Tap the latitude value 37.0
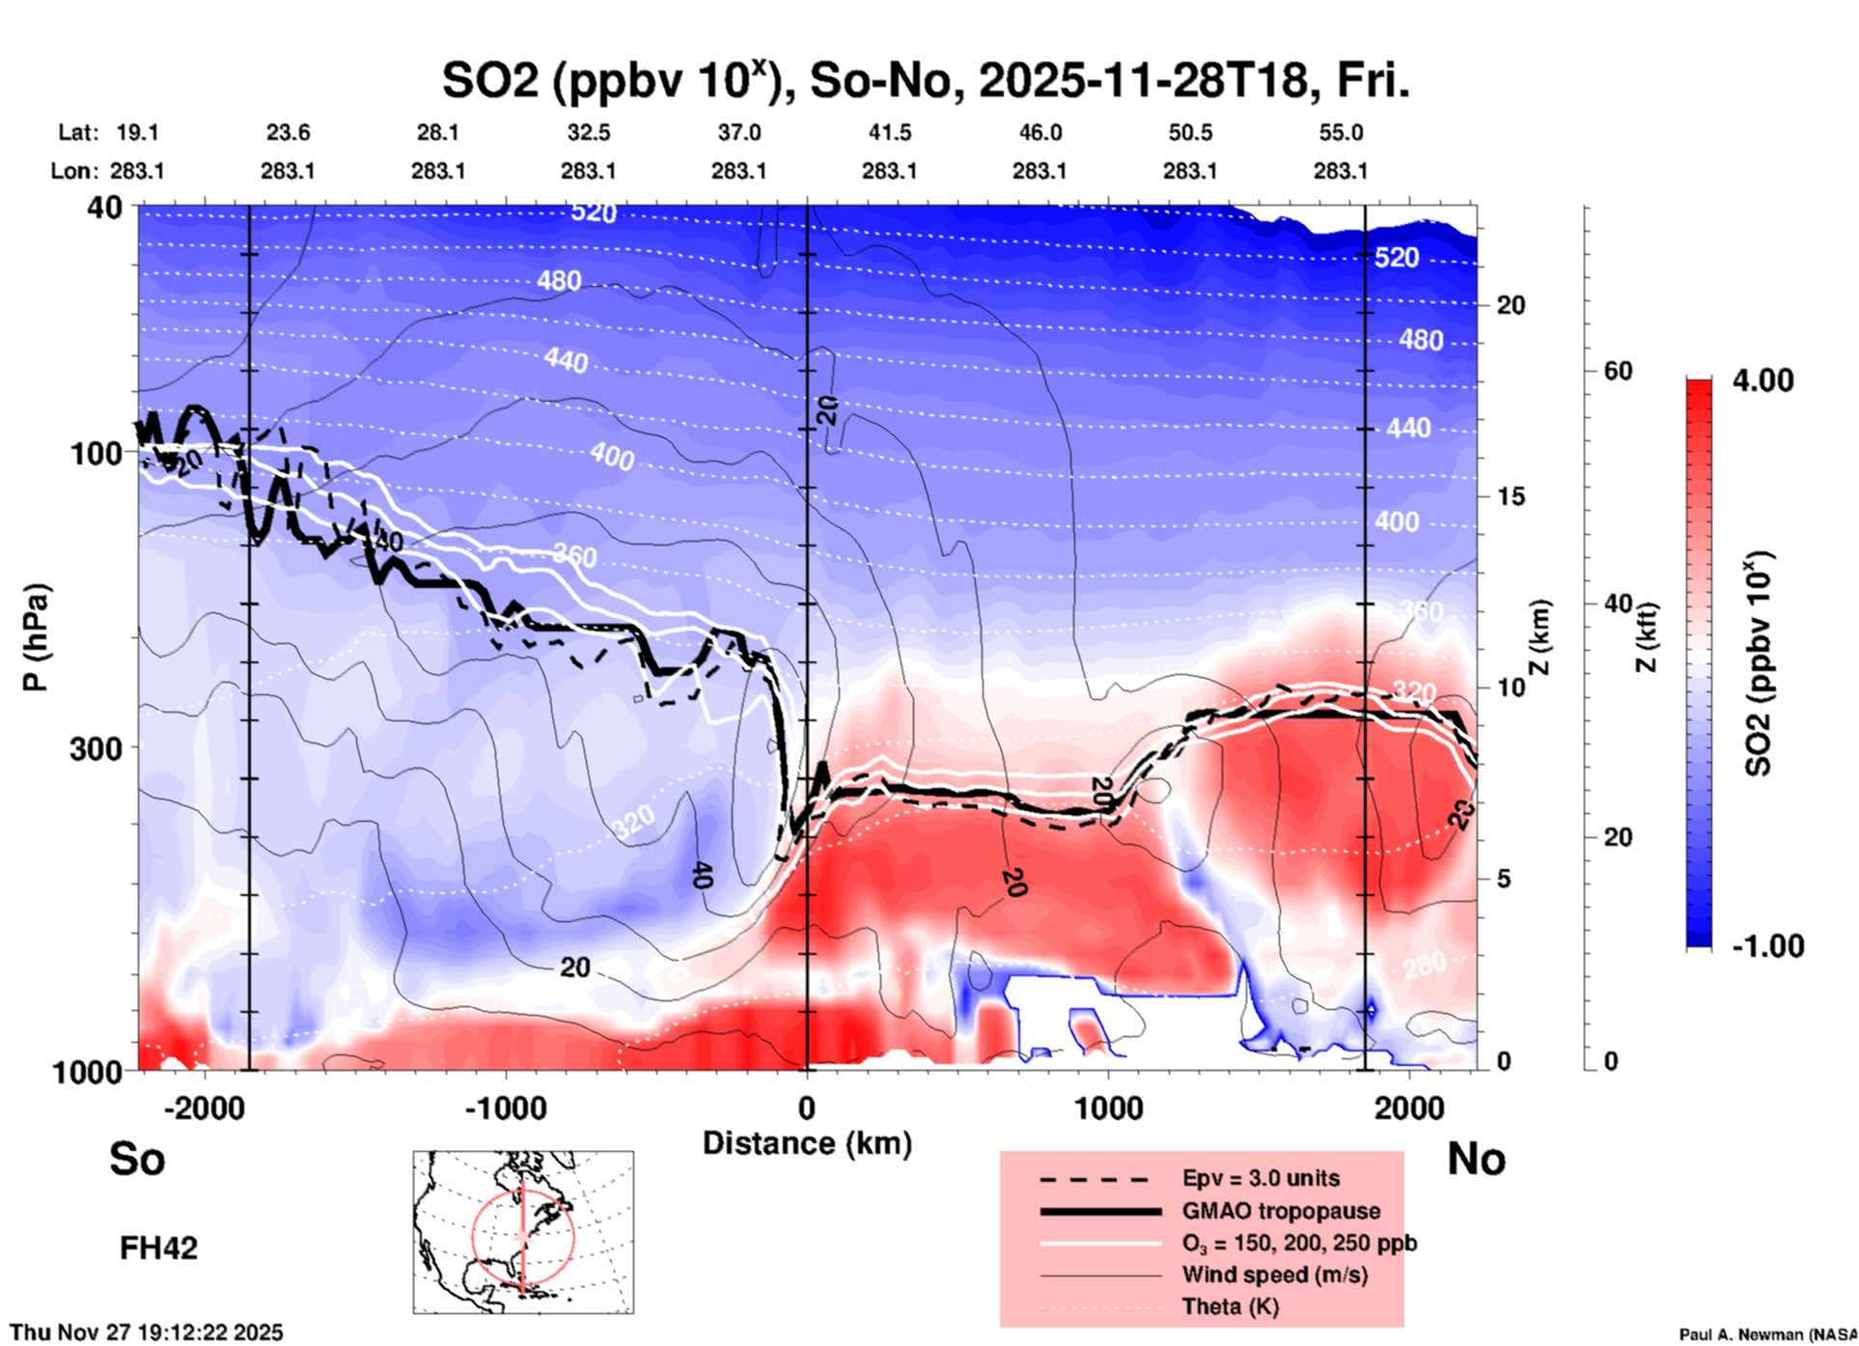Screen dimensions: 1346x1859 738,132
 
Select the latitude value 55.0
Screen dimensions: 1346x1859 1340,132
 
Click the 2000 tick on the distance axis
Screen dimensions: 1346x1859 1409,1108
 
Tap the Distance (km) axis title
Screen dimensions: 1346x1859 807,1143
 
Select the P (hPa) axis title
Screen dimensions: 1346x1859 36,637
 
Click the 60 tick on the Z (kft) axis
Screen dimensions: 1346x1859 1619,371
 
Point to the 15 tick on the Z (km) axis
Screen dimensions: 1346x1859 1511,496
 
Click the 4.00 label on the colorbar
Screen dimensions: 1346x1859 1762,379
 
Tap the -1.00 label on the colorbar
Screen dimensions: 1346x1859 1767,945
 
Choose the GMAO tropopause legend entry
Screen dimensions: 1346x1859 1281,1211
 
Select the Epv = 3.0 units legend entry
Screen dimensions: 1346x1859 1261,1178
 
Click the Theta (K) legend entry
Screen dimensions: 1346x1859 1230,1306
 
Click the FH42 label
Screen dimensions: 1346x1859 158,1248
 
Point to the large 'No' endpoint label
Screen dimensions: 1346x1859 1476,1159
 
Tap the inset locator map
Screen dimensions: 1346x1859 523,1231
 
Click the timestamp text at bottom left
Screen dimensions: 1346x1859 147,1332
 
